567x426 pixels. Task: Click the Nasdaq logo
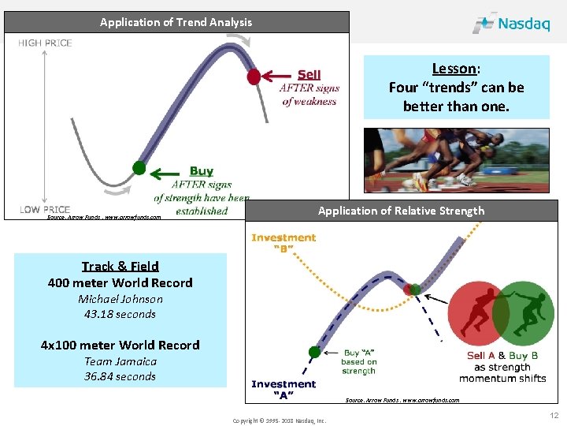click(x=511, y=23)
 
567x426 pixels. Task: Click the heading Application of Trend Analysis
click(x=176, y=22)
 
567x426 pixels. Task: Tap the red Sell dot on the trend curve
click(x=254, y=77)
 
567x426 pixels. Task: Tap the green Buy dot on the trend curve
click(x=139, y=167)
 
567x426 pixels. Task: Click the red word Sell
click(x=309, y=75)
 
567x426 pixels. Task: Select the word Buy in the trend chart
click(x=201, y=170)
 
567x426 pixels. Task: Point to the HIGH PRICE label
click(x=45, y=43)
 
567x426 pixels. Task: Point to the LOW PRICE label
click(x=45, y=210)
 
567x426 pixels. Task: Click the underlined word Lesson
click(x=454, y=69)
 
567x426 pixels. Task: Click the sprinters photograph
click(x=456, y=160)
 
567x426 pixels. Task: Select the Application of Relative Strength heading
click(x=401, y=211)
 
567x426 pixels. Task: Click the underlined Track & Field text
click(x=120, y=266)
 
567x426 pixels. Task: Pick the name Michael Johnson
click(x=120, y=299)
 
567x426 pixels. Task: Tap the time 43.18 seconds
click(x=120, y=314)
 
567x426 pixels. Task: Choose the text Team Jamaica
click(x=120, y=361)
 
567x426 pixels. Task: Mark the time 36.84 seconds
click(x=120, y=376)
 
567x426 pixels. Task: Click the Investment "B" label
click(x=283, y=243)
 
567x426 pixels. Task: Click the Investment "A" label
click(x=283, y=390)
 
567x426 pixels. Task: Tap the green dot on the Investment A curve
click(x=315, y=352)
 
